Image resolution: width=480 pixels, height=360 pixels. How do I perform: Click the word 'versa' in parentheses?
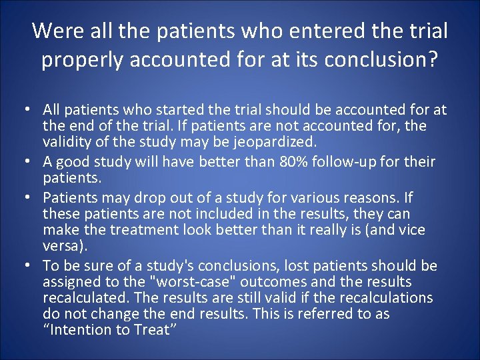[x=61, y=246]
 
